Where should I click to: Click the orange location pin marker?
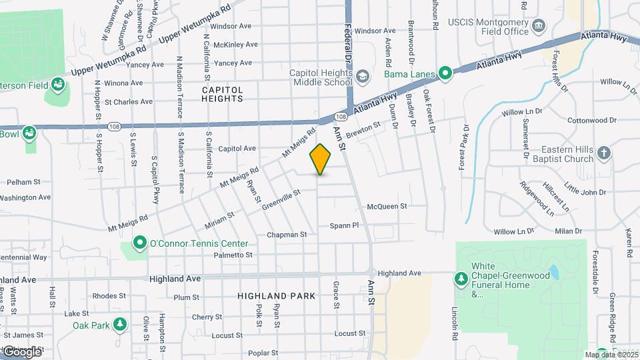click(x=320, y=159)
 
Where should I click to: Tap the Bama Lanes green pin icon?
click(x=445, y=73)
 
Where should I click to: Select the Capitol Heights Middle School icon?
click(x=361, y=77)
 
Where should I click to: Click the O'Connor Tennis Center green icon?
click(x=139, y=243)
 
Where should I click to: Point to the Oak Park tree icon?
click(x=119, y=325)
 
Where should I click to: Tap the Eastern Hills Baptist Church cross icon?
click(x=604, y=153)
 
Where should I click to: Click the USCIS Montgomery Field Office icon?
click(x=539, y=25)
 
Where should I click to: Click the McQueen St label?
click(x=387, y=207)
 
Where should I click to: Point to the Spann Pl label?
click(x=344, y=226)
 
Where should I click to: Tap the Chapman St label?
click(x=287, y=235)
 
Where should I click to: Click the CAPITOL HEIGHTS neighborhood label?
click(x=223, y=94)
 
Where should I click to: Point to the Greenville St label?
click(x=281, y=199)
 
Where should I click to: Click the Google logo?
click(x=21, y=351)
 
